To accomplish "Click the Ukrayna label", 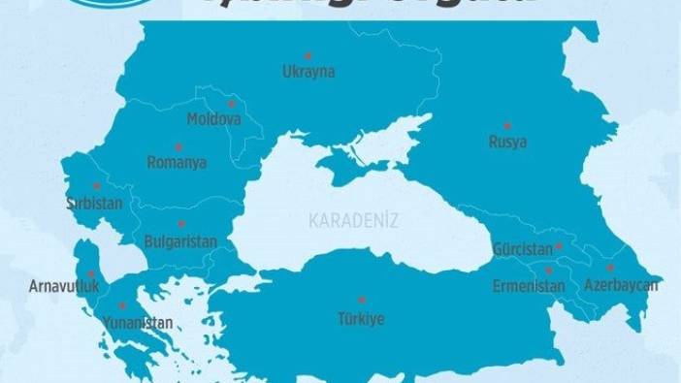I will pos(308,72).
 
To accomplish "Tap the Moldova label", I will pos(213,119).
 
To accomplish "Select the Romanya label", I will pos(177,163).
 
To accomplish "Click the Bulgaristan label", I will pos(179,240).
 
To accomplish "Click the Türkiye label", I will pos(361,317).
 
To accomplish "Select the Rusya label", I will pos(508,143).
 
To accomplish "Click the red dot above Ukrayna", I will pos(308,55).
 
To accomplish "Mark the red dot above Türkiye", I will pos(361,300).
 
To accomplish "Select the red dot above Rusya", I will pos(506,125).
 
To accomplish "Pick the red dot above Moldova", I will pos(231,103).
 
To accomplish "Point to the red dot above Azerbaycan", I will pos(610,268).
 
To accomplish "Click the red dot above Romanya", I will pos(178,146).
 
